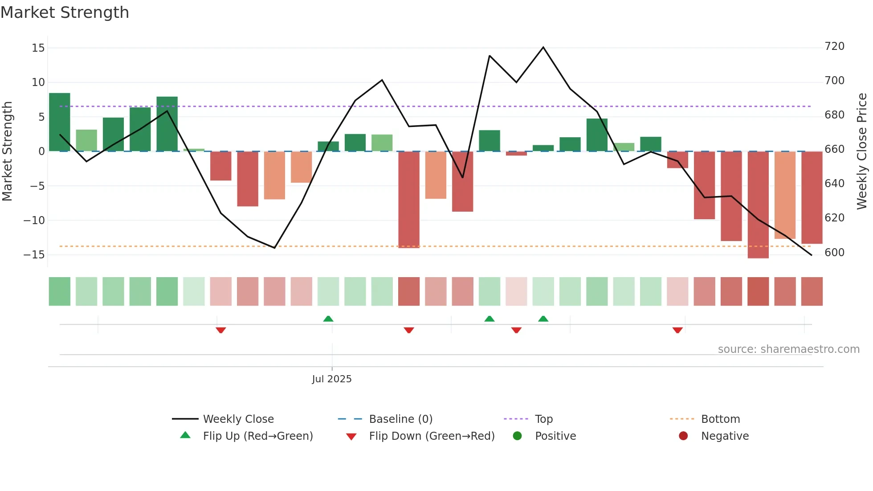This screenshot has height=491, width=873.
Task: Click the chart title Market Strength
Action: click(65, 12)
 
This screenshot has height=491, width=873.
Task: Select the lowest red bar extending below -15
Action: click(758, 205)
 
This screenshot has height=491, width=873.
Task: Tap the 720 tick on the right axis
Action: click(834, 46)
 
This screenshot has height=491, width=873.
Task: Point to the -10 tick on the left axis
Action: click(34, 220)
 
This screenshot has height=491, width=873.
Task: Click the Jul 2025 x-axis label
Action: click(331, 379)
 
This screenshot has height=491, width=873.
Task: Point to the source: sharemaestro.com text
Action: click(788, 349)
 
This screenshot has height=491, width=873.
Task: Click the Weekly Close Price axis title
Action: click(861, 151)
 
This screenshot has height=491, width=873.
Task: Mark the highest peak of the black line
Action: click(543, 47)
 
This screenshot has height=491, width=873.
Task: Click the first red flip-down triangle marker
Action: click(220, 330)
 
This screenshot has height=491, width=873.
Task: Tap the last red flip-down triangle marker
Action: click(677, 330)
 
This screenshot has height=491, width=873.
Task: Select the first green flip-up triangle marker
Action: click(328, 319)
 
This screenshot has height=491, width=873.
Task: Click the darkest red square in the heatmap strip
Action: click(758, 291)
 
